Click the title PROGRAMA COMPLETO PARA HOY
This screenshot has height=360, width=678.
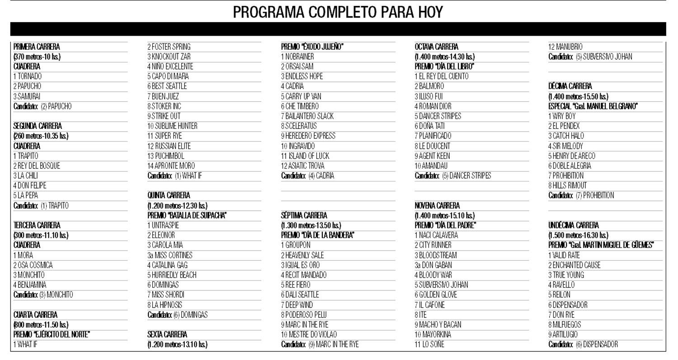[338, 12]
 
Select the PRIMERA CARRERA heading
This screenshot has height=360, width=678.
[37, 47]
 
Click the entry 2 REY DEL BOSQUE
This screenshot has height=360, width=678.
[37, 166]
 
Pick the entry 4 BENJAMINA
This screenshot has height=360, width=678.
[30, 285]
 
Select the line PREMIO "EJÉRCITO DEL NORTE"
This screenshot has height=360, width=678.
[52, 335]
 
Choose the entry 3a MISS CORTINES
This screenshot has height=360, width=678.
[170, 255]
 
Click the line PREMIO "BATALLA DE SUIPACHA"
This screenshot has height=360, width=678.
[187, 216]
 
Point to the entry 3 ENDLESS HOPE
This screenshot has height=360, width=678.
[302, 76]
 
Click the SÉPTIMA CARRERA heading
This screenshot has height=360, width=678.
[304, 216]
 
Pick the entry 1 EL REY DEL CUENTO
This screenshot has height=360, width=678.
[442, 76]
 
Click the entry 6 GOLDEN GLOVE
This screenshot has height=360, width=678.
[436, 295]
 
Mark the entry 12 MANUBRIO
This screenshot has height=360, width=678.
[565, 47]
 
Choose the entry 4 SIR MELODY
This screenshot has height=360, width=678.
[565, 146]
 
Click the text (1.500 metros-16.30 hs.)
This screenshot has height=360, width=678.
[578, 235]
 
